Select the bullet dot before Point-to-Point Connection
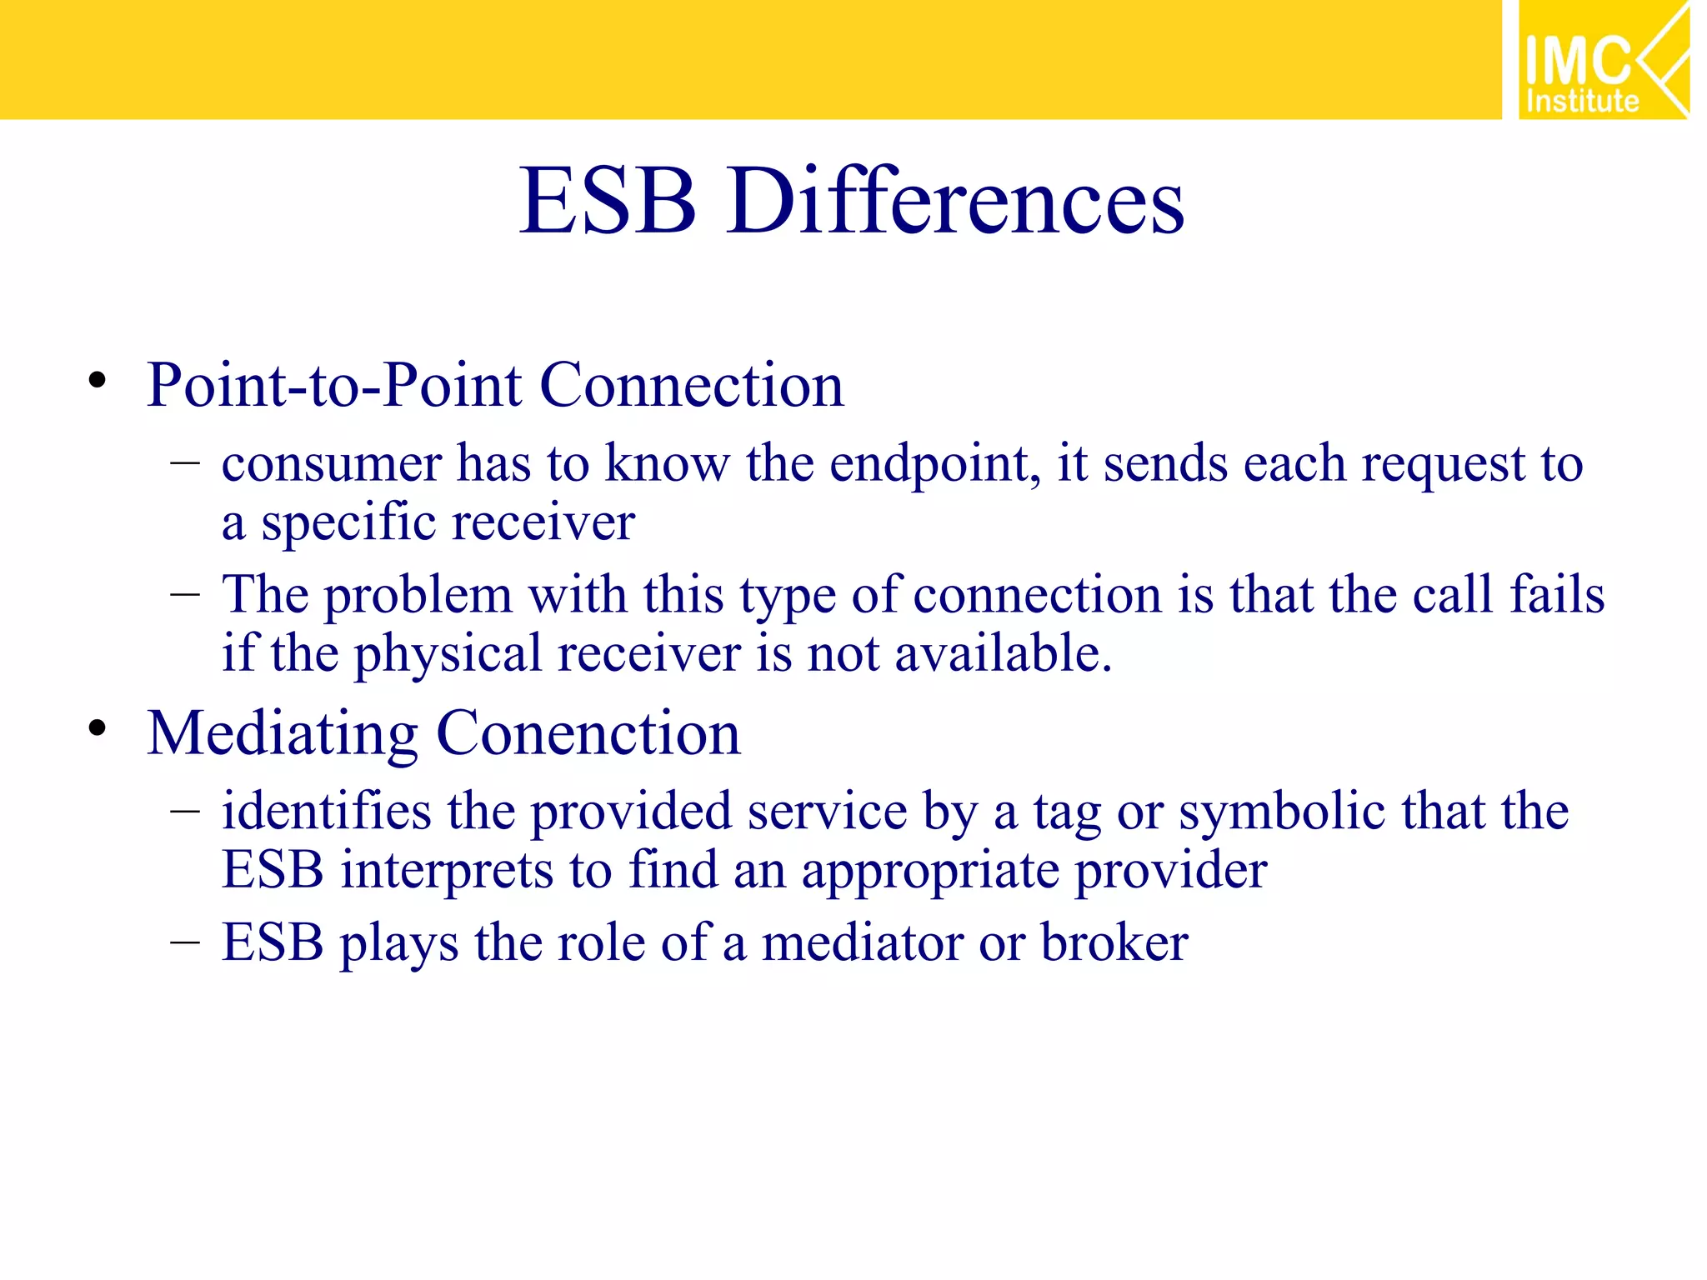pyautogui.click(x=98, y=382)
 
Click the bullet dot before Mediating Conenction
pyautogui.click(x=98, y=729)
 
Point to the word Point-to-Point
pyautogui.click(x=334, y=387)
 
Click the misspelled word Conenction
pyautogui.click(x=588, y=734)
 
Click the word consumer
pyautogui.click(x=331, y=465)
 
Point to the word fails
pyautogui.click(x=1556, y=595)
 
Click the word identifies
pyautogui.click(x=326, y=812)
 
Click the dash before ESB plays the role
pyautogui.click(x=184, y=943)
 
